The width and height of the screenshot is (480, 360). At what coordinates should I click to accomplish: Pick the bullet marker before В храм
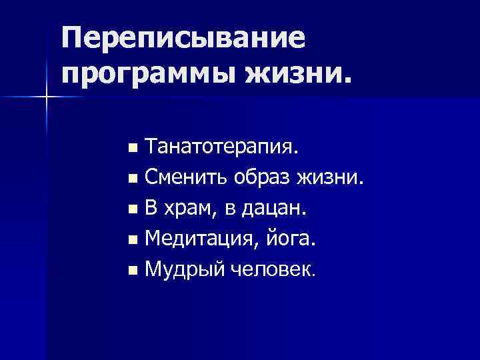tap(134, 209)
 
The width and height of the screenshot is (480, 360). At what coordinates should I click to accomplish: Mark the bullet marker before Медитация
tap(134, 240)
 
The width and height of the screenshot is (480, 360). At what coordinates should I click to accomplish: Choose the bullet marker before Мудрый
tap(134, 271)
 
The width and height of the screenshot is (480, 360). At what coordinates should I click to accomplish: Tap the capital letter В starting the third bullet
tap(151, 208)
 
